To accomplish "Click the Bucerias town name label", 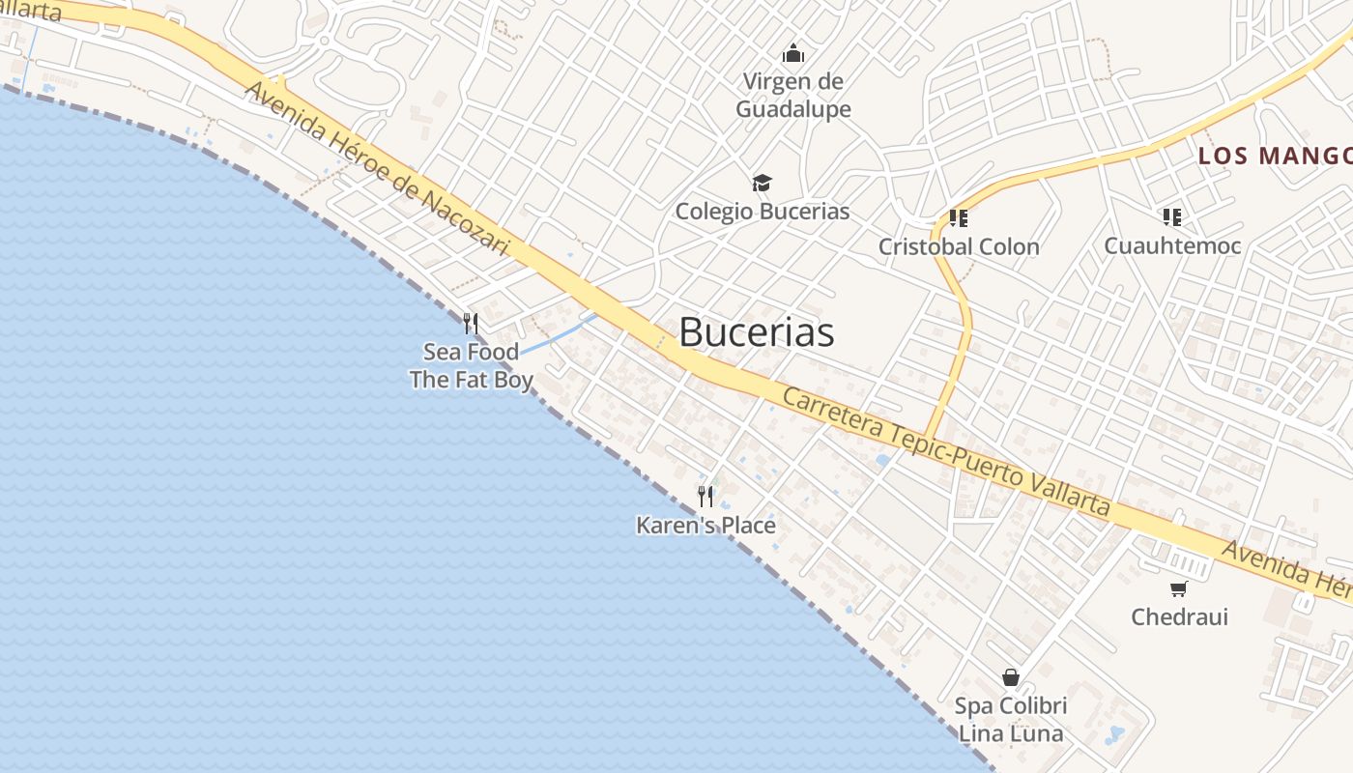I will [756, 332].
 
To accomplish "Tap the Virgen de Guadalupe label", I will [793, 96].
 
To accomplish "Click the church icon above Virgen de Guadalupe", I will [793, 52].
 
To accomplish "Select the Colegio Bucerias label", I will [763, 211].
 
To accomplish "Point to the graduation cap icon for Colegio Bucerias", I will [763, 183].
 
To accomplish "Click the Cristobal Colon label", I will [959, 246].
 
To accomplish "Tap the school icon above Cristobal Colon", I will [959, 217].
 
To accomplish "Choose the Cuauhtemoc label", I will [1172, 245].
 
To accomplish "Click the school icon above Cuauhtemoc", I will [1172, 217].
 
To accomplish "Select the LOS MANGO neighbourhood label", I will [1275, 156].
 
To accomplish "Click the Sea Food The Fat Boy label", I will [471, 365].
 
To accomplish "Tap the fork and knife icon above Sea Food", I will [471, 323].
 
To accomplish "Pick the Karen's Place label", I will [705, 525].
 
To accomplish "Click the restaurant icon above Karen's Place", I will [705, 497].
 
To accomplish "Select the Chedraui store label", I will [1179, 616].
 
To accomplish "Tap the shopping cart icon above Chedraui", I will [1178, 588].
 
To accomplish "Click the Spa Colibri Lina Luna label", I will [1011, 720].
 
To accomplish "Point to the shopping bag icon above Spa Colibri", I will [1011, 677].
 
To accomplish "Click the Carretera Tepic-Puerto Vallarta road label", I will [946, 451].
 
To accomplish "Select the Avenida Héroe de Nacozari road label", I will [377, 168].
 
